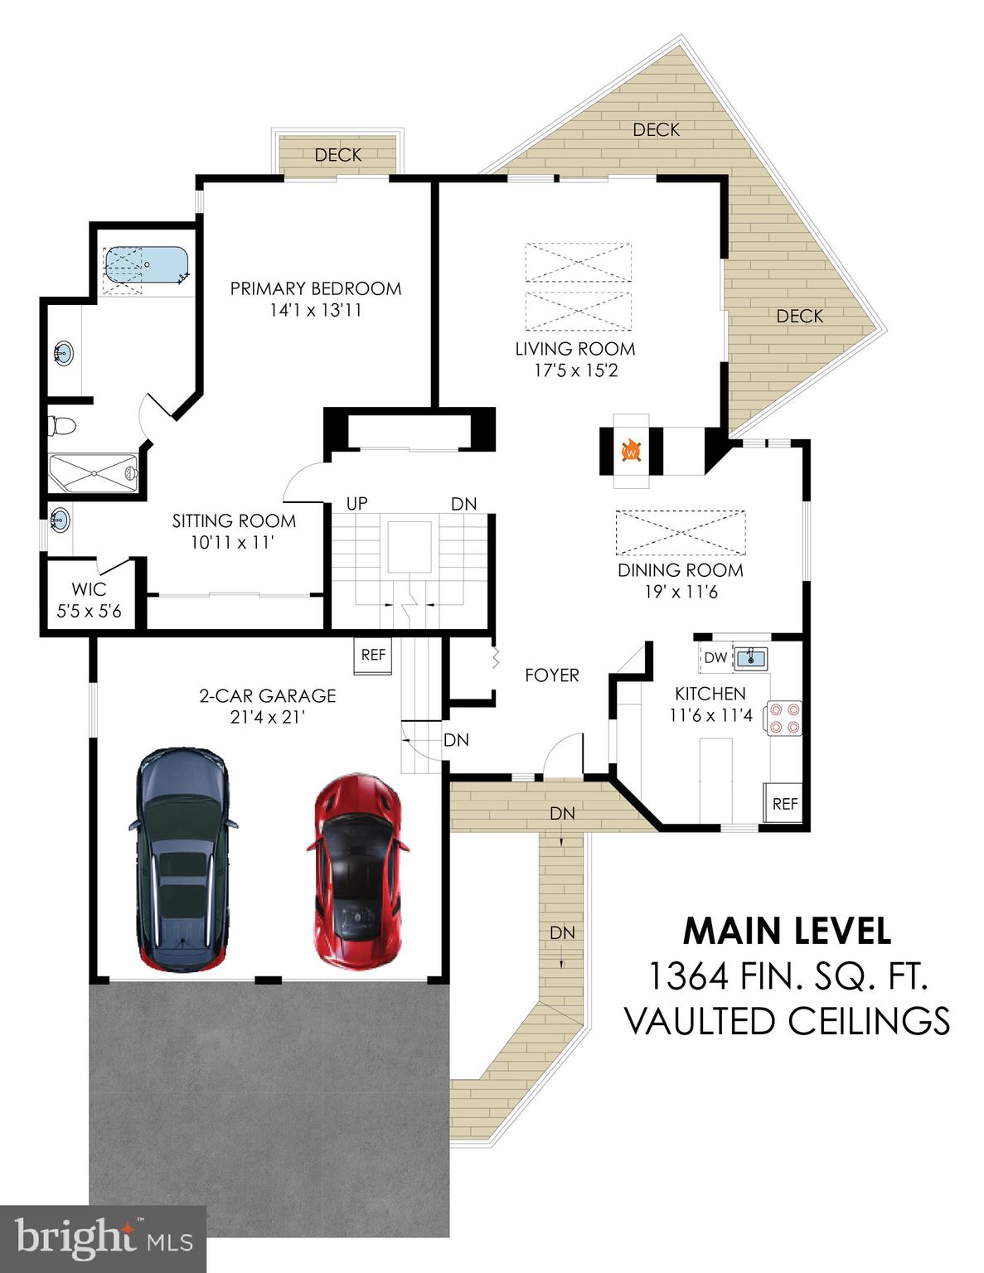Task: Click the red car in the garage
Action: click(x=357, y=872)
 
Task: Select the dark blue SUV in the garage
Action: click(x=182, y=859)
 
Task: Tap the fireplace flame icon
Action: click(x=632, y=452)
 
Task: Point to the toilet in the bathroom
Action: click(x=62, y=427)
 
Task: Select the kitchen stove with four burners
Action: click(x=783, y=718)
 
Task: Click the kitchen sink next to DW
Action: click(x=751, y=658)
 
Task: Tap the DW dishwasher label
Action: click(x=715, y=658)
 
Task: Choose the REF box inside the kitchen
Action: click(x=784, y=803)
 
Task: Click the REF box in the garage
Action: click(x=373, y=655)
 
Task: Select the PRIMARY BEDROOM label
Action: click(x=315, y=288)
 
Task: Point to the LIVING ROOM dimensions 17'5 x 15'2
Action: click(x=575, y=370)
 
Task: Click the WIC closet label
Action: click(x=89, y=589)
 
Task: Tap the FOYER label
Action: click(x=551, y=675)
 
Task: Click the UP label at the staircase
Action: click(x=356, y=504)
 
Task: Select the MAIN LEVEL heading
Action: click(x=787, y=932)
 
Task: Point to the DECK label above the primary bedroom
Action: click(x=338, y=155)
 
